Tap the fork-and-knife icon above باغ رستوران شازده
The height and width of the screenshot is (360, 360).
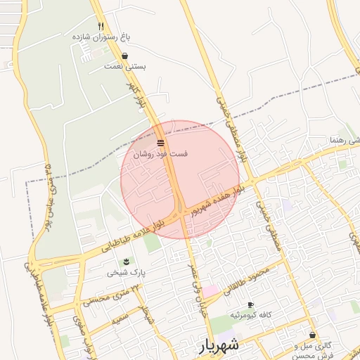click(x=102, y=25)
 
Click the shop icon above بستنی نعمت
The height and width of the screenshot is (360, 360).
click(x=125, y=56)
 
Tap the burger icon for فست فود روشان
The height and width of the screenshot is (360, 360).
click(x=160, y=143)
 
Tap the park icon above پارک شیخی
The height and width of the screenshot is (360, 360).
click(x=126, y=262)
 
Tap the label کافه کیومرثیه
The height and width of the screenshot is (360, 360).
click(x=251, y=315)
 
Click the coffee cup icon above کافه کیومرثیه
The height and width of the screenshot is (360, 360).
click(x=251, y=304)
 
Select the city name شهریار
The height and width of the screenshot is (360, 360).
click(x=219, y=345)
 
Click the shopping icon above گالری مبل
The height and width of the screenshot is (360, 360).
click(x=312, y=335)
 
